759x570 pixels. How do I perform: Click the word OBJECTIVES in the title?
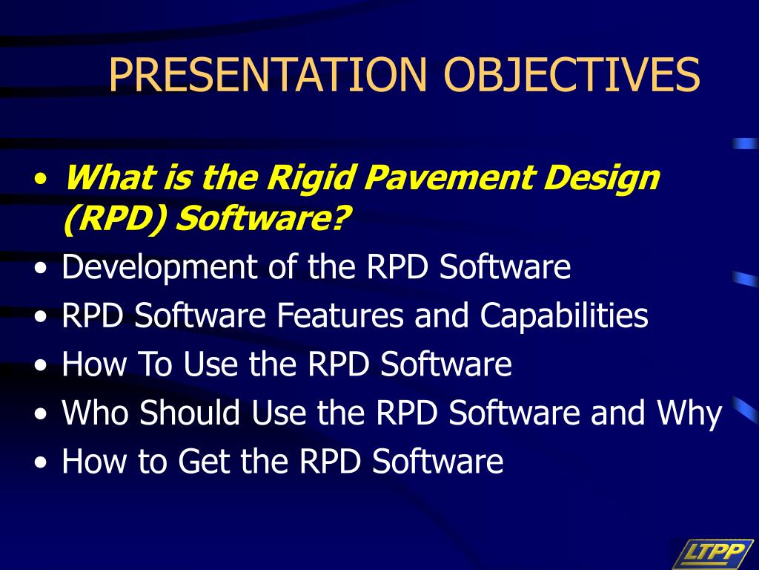[x=571, y=75]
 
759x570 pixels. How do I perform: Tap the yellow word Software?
[x=262, y=219]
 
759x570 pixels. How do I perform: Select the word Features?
[x=339, y=315]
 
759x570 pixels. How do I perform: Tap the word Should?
[x=190, y=413]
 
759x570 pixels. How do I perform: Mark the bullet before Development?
[x=42, y=268]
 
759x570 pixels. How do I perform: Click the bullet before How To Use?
[x=42, y=365]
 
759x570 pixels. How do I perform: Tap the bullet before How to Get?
[x=42, y=462]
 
